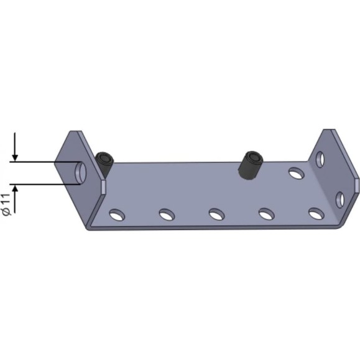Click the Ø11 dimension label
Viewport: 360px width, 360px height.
(6, 205)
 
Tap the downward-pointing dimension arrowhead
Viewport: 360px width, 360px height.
(15, 158)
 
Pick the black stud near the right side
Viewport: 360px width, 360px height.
(251, 165)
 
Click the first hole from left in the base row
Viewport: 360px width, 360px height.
(117, 215)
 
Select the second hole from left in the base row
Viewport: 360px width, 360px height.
(167, 215)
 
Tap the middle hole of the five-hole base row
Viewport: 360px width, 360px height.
(216, 214)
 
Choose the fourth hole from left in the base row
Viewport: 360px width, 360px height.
(266, 214)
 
